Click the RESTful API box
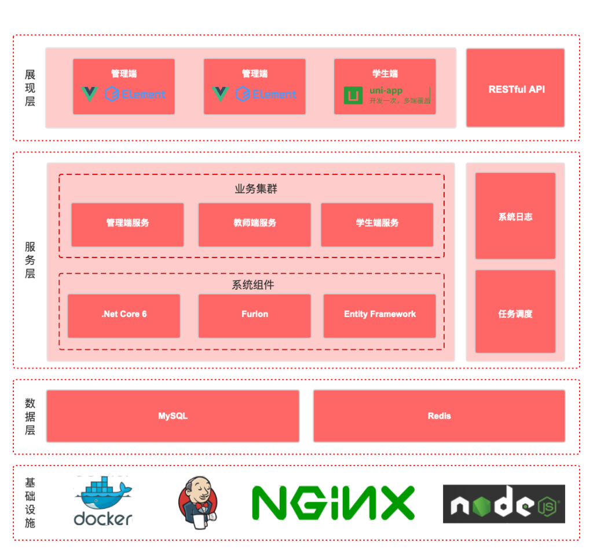tap(515, 88)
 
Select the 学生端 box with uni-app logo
tap(385, 86)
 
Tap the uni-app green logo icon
tap(353, 95)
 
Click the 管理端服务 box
tap(127, 224)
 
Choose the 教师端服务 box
tap(254, 224)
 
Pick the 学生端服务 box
tap(377, 224)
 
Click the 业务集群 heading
tap(251, 189)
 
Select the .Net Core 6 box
tap(124, 315)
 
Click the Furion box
tap(254, 315)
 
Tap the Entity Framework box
tap(379, 315)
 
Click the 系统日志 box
tap(515, 216)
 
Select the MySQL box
tap(173, 416)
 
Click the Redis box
tap(439, 416)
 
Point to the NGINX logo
tap(333, 503)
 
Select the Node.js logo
tap(504, 504)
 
